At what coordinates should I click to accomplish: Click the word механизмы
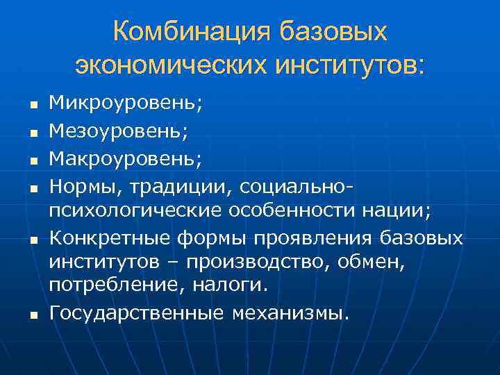click(x=290, y=313)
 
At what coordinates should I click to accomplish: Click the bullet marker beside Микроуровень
click(x=32, y=106)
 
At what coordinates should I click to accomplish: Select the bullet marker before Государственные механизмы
click(x=32, y=315)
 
